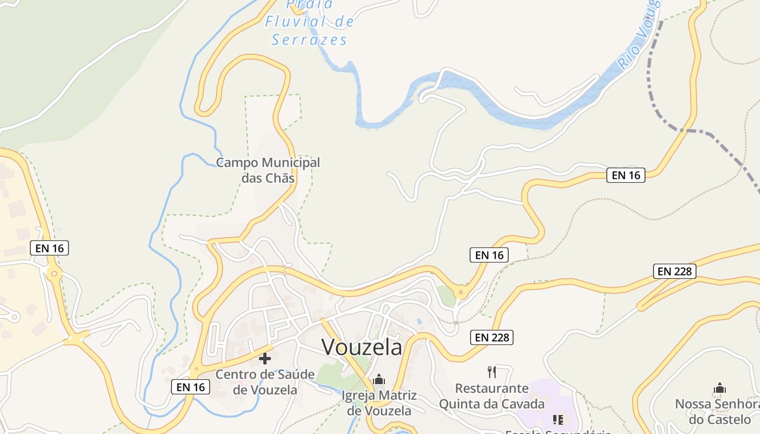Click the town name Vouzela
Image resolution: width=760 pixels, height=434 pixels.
pos(362,347)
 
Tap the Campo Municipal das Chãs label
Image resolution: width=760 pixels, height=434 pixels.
pos(268,170)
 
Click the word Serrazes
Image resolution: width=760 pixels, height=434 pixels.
pos(309,40)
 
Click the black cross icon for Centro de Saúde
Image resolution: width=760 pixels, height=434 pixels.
pos(265,359)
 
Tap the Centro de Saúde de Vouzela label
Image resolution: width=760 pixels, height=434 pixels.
pos(265,382)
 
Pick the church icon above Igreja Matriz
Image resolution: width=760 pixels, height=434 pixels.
pos(379,379)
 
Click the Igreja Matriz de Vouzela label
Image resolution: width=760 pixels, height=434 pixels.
pos(379,403)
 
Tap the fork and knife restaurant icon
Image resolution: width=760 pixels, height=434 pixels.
pos(492,372)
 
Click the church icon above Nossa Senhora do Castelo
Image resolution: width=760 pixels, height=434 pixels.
pos(720,388)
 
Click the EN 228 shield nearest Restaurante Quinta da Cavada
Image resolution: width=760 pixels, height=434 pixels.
pos(492,337)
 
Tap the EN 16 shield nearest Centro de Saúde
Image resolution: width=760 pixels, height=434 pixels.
pos(191,387)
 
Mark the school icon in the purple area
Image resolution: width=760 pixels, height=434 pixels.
pos(558,419)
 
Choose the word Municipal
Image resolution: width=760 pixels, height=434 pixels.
pos(290,162)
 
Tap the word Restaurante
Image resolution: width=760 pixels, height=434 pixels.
pos(492,388)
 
